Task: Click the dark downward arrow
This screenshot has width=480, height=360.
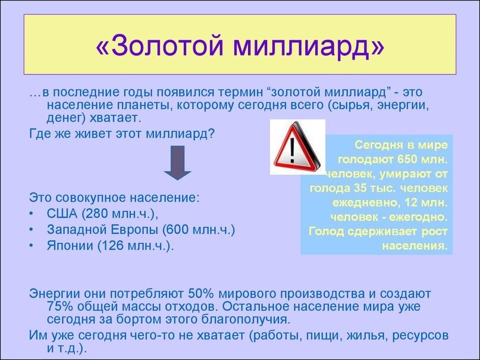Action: pyautogui.click(x=177, y=162)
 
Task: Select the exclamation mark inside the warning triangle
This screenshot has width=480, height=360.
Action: pyautogui.click(x=292, y=150)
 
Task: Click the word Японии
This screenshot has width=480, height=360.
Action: pyautogui.click(x=70, y=246)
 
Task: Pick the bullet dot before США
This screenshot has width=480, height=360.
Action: pyautogui.click(x=31, y=214)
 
